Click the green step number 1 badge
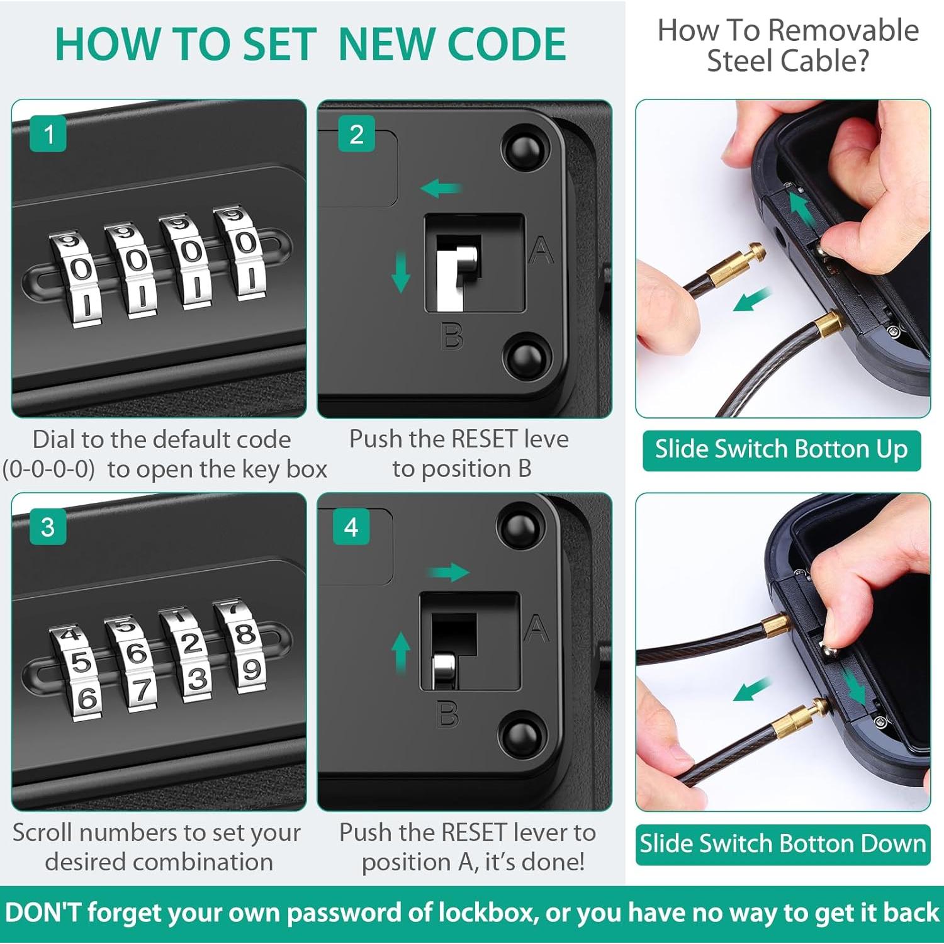pyautogui.click(x=48, y=133)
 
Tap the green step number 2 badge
pyautogui.click(x=356, y=133)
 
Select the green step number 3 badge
pyautogui.click(x=48, y=527)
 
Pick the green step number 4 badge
pyautogui.click(x=351, y=527)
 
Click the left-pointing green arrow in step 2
pyautogui.click(x=441, y=188)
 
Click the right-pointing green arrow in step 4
pyautogui.click(x=448, y=572)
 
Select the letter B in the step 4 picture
pyautogui.click(x=447, y=714)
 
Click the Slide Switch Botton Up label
pyautogui.click(x=782, y=450)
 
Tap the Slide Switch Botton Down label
pyautogui.click(x=783, y=844)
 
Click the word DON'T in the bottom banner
pyautogui.click(x=43, y=913)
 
